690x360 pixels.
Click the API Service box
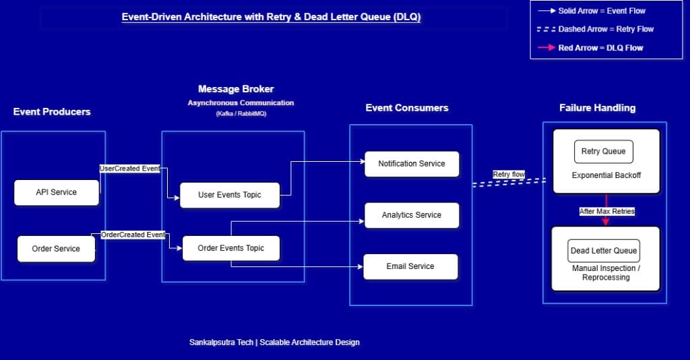tap(57, 192)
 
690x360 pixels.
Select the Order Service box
tap(56, 249)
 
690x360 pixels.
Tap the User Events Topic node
tap(230, 195)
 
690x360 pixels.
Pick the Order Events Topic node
tap(231, 248)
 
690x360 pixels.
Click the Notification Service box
tap(412, 164)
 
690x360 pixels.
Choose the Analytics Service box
tap(412, 215)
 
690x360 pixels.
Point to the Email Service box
tap(410, 266)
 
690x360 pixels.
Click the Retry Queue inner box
tap(604, 152)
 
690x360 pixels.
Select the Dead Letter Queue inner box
tap(604, 251)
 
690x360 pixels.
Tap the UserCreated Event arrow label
tap(130, 169)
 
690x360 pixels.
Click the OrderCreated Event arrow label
tap(133, 235)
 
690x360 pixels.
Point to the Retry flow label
tap(509, 175)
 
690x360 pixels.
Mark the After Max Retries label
tap(607, 212)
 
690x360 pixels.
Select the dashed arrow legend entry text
tap(606, 30)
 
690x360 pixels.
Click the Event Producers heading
tap(52, 112)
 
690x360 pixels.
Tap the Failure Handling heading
tap(597, 108)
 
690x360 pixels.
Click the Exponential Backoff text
tap(606, 176)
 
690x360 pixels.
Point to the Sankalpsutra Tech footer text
tap(274, 342)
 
